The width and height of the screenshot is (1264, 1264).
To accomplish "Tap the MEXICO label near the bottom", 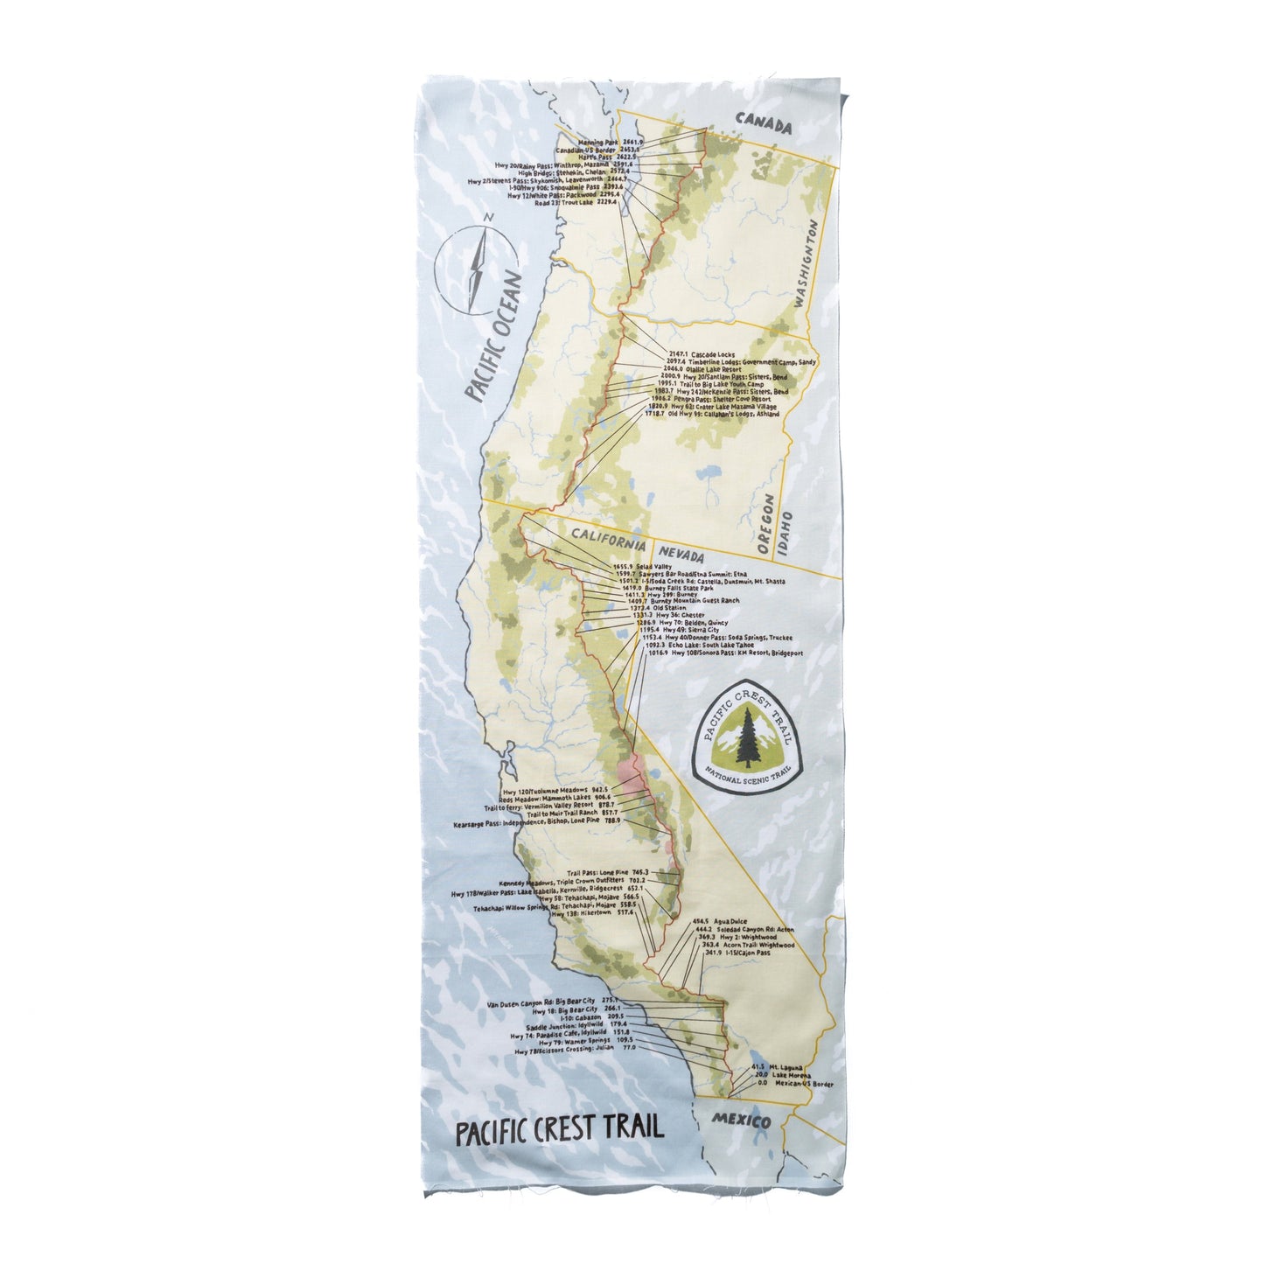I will click(x=740, y=1121).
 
